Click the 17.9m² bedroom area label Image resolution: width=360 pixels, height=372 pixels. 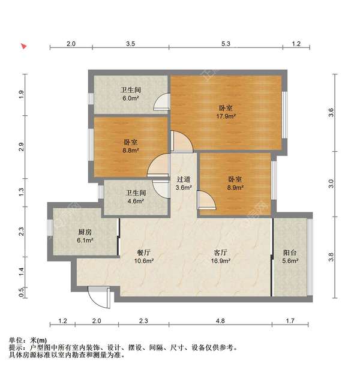(x=226, y=112)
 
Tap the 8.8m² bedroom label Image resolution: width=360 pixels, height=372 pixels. (x=131, y=146)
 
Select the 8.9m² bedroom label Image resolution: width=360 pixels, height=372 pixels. (x=234, y=183)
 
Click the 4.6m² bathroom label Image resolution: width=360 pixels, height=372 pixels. (x=136, y=197)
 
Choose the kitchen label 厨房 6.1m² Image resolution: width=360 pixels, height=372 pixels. (x=85, y=236)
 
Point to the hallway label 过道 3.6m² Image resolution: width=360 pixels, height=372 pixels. (x=184, y=183)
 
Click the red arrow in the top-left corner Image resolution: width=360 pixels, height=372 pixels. (x=23, y=46)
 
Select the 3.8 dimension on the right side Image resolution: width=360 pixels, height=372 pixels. (x=331, y=257)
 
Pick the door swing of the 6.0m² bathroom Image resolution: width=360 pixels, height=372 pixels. (x=161, y=104)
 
